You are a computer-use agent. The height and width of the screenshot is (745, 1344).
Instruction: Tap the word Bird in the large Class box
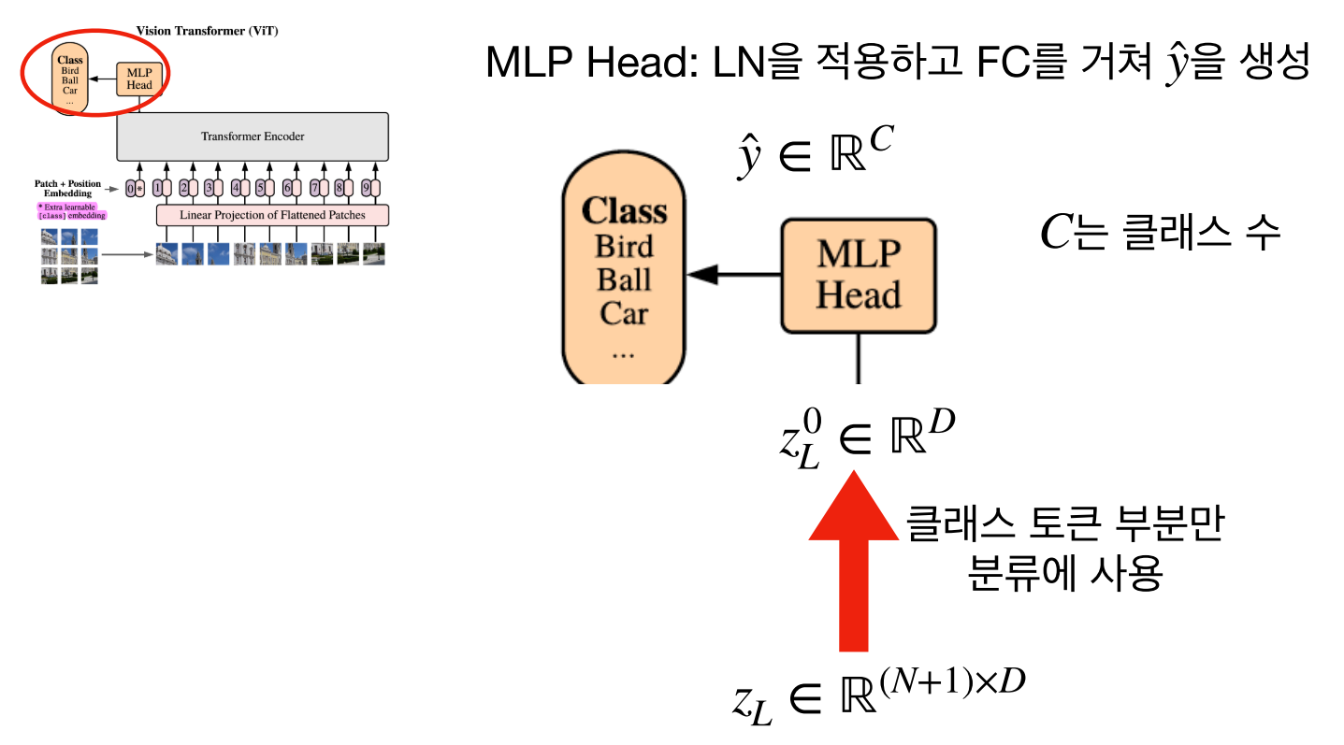click(x=624, y=248)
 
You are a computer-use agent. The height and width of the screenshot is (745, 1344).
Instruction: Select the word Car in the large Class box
click(x=624, y=312)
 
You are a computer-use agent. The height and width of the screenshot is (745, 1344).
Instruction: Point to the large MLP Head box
click(x=858, y=275)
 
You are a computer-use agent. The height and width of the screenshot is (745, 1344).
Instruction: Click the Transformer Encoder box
click(x=253, y=136)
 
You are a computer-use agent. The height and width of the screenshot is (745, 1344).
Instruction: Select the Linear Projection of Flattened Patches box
click(x=272, y=215)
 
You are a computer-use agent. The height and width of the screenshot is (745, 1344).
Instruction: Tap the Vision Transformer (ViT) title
click(x=207, y=31)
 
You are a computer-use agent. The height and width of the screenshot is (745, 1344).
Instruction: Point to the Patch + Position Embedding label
click(x=67, y=189)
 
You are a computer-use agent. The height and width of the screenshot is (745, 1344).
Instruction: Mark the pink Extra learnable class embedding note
click(x=71, y=210)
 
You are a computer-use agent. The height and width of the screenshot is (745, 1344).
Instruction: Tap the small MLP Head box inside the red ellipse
click(x=138, y=79)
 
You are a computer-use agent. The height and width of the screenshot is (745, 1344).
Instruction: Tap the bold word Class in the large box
click(x=624, y=211)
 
